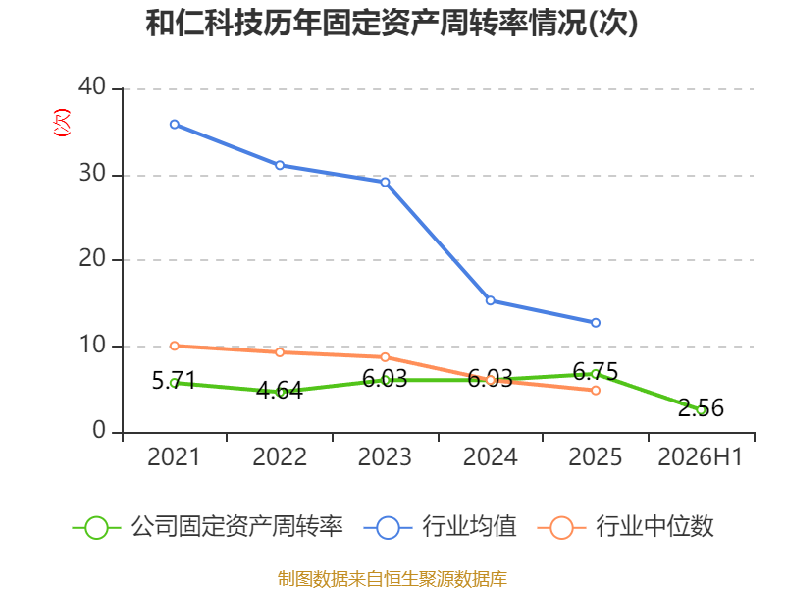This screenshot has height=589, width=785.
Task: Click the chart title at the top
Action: click(x=392, y=23)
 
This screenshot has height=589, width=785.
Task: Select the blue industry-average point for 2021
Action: click(x=175, y=125)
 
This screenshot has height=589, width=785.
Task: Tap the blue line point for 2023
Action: click(x=385, y=182)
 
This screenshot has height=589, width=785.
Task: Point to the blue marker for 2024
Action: click(x=490, y=300)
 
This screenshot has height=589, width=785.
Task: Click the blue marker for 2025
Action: click(x=596, y=323)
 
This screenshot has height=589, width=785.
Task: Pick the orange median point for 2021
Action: click(x=175, y=346)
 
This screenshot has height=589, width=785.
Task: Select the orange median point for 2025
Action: click(x=596, y=390)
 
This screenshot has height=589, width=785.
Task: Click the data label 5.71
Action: click(x=174, y=381)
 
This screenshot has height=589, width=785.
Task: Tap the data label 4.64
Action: click(x=280, y=390)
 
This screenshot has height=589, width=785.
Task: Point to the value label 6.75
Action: click(x=596, y=372)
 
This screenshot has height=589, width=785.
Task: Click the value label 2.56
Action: click(x=701, y=407)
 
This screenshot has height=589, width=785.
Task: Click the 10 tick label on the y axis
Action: click(x=92, y=345)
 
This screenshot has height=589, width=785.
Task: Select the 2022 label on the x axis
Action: click(x=280, y=456)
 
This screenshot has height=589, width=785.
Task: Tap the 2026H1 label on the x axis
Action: click(x=700, y=456)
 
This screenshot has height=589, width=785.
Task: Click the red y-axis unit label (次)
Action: click(x=62, y=123)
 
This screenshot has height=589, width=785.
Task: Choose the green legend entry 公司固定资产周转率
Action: click(x=207, y=527)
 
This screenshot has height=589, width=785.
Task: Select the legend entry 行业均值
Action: click(x=440, y=527)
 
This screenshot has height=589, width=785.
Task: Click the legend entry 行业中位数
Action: click(x=625, y=527)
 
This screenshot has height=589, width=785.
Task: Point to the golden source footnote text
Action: click(x=392, y=579)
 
